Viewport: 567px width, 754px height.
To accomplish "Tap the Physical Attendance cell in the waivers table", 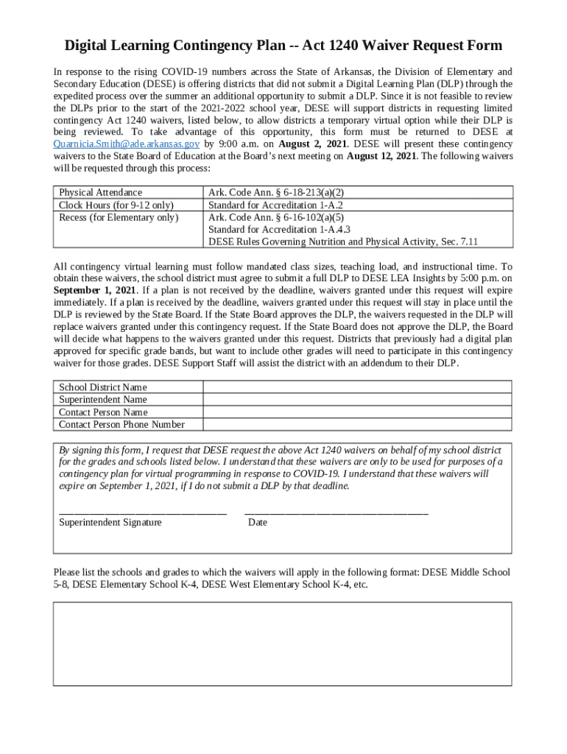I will click(101, 192).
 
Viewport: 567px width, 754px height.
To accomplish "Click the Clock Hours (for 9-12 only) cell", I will click(116, 205).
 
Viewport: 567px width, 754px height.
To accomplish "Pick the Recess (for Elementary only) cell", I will click(119, 217).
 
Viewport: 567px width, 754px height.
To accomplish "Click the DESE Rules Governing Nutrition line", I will click(343, 242).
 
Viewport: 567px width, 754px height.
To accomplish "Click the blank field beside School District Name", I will click(357, 387).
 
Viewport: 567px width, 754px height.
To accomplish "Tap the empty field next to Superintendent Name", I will click(357, 399).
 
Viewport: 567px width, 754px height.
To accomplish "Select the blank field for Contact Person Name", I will click(357, 412).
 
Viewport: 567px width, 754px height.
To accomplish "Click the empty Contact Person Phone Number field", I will click(357, 424).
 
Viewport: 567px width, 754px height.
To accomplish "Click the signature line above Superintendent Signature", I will click(142, 512).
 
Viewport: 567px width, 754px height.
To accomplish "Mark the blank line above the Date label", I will click(336, 512).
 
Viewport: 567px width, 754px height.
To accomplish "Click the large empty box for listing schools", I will click(282, 644).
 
